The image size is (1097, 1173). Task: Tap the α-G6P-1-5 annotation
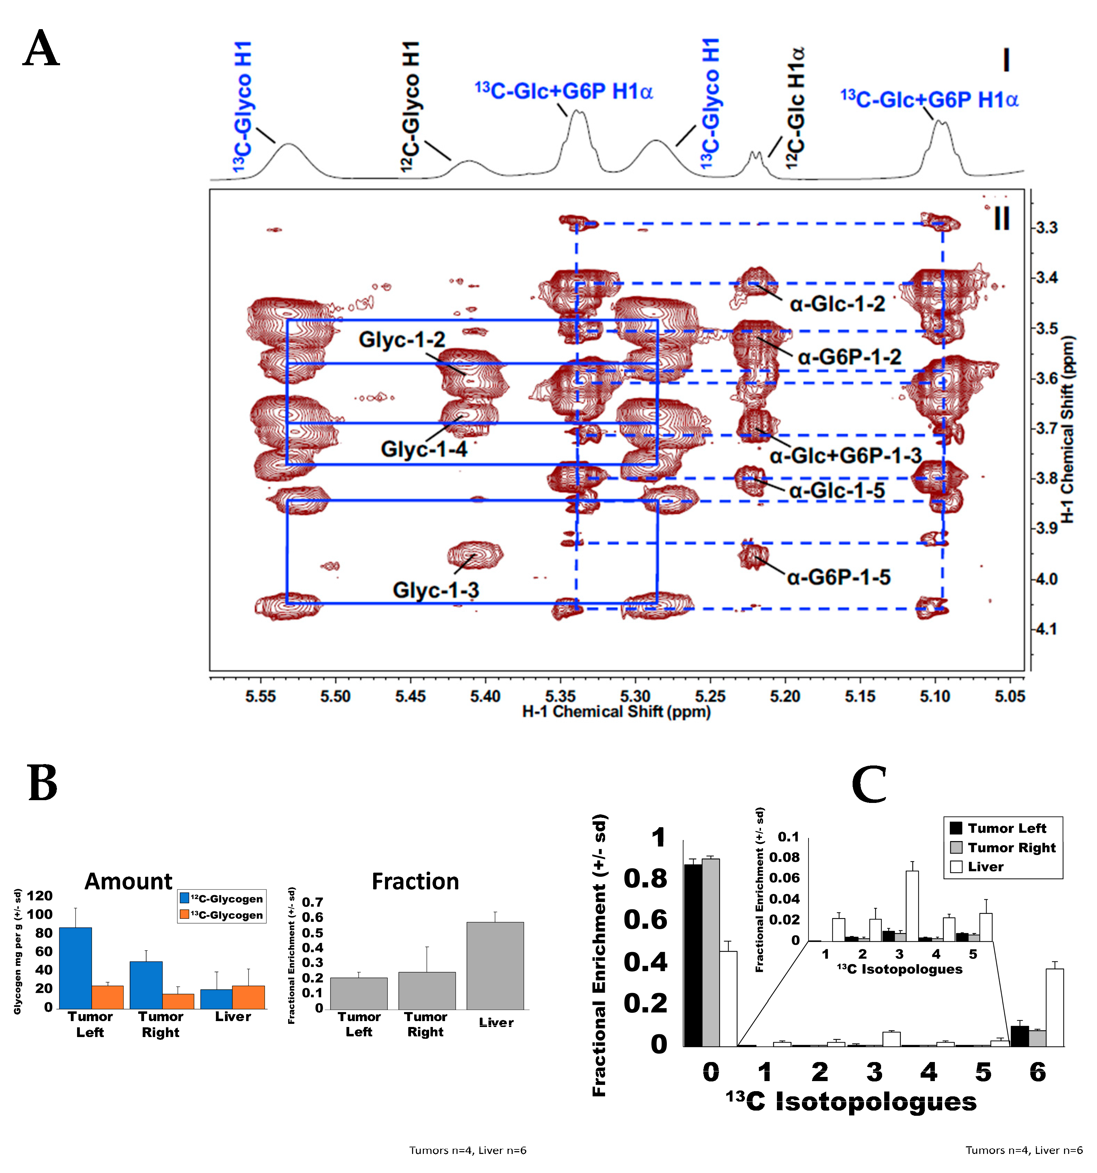tap(838, 577)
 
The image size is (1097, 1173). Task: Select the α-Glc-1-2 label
tap(837, 304)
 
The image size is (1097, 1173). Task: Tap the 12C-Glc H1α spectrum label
tap(795, 109)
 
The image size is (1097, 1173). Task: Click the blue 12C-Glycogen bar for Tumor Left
tap(76, 968)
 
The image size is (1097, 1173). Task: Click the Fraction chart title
tap(415, 882)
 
